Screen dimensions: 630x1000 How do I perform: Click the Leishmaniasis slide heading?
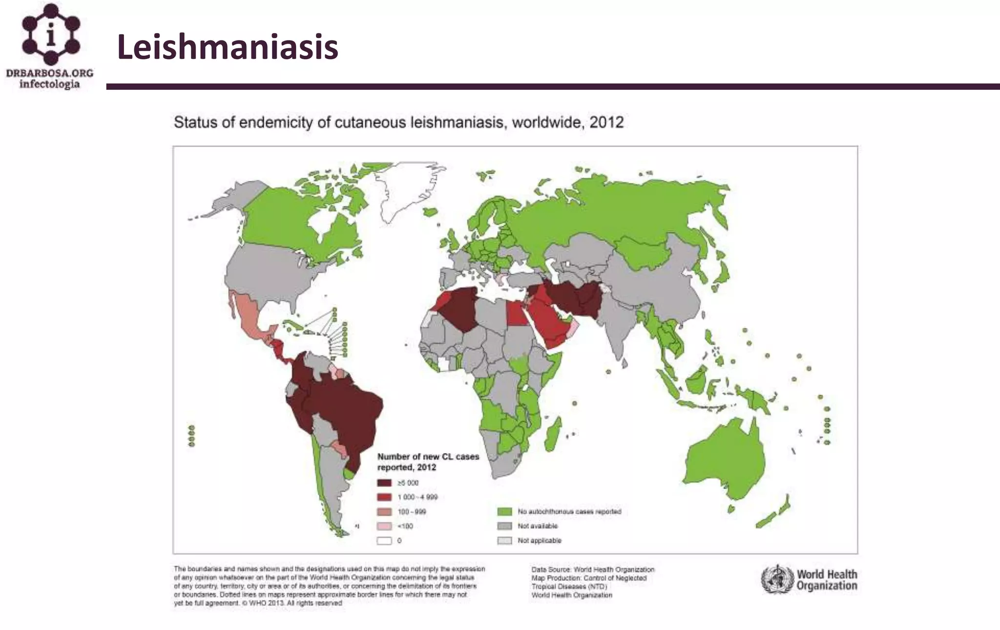(x=228, y=47)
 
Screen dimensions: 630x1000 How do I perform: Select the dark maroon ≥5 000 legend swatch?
(x=384, y=483)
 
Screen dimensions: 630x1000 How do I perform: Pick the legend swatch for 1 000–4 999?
(x=384, y=497)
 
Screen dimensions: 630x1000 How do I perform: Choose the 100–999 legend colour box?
(x=384, y=512)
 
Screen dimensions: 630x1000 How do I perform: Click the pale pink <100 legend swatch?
(x=384, y=526)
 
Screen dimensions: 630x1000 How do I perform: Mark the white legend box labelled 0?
(x=384, y=541)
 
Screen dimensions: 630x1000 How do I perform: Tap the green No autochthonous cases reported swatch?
(x=504, y=512)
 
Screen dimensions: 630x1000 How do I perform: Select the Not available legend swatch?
(x=504, y=526)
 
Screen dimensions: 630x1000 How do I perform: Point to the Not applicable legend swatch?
(x=504, y=541)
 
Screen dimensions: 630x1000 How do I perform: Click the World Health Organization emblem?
(x=777, y=579)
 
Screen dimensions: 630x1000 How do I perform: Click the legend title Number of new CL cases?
(x=428, y=457)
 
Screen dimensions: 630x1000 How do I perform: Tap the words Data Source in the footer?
(x=551, y=569)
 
